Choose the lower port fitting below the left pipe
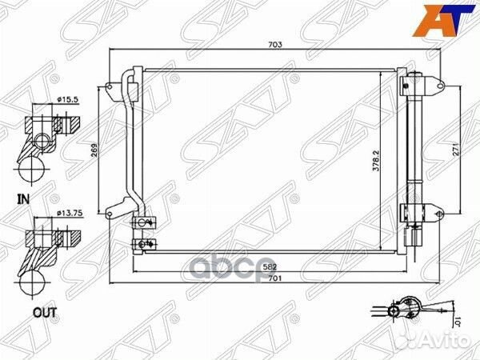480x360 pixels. [144, 243]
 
